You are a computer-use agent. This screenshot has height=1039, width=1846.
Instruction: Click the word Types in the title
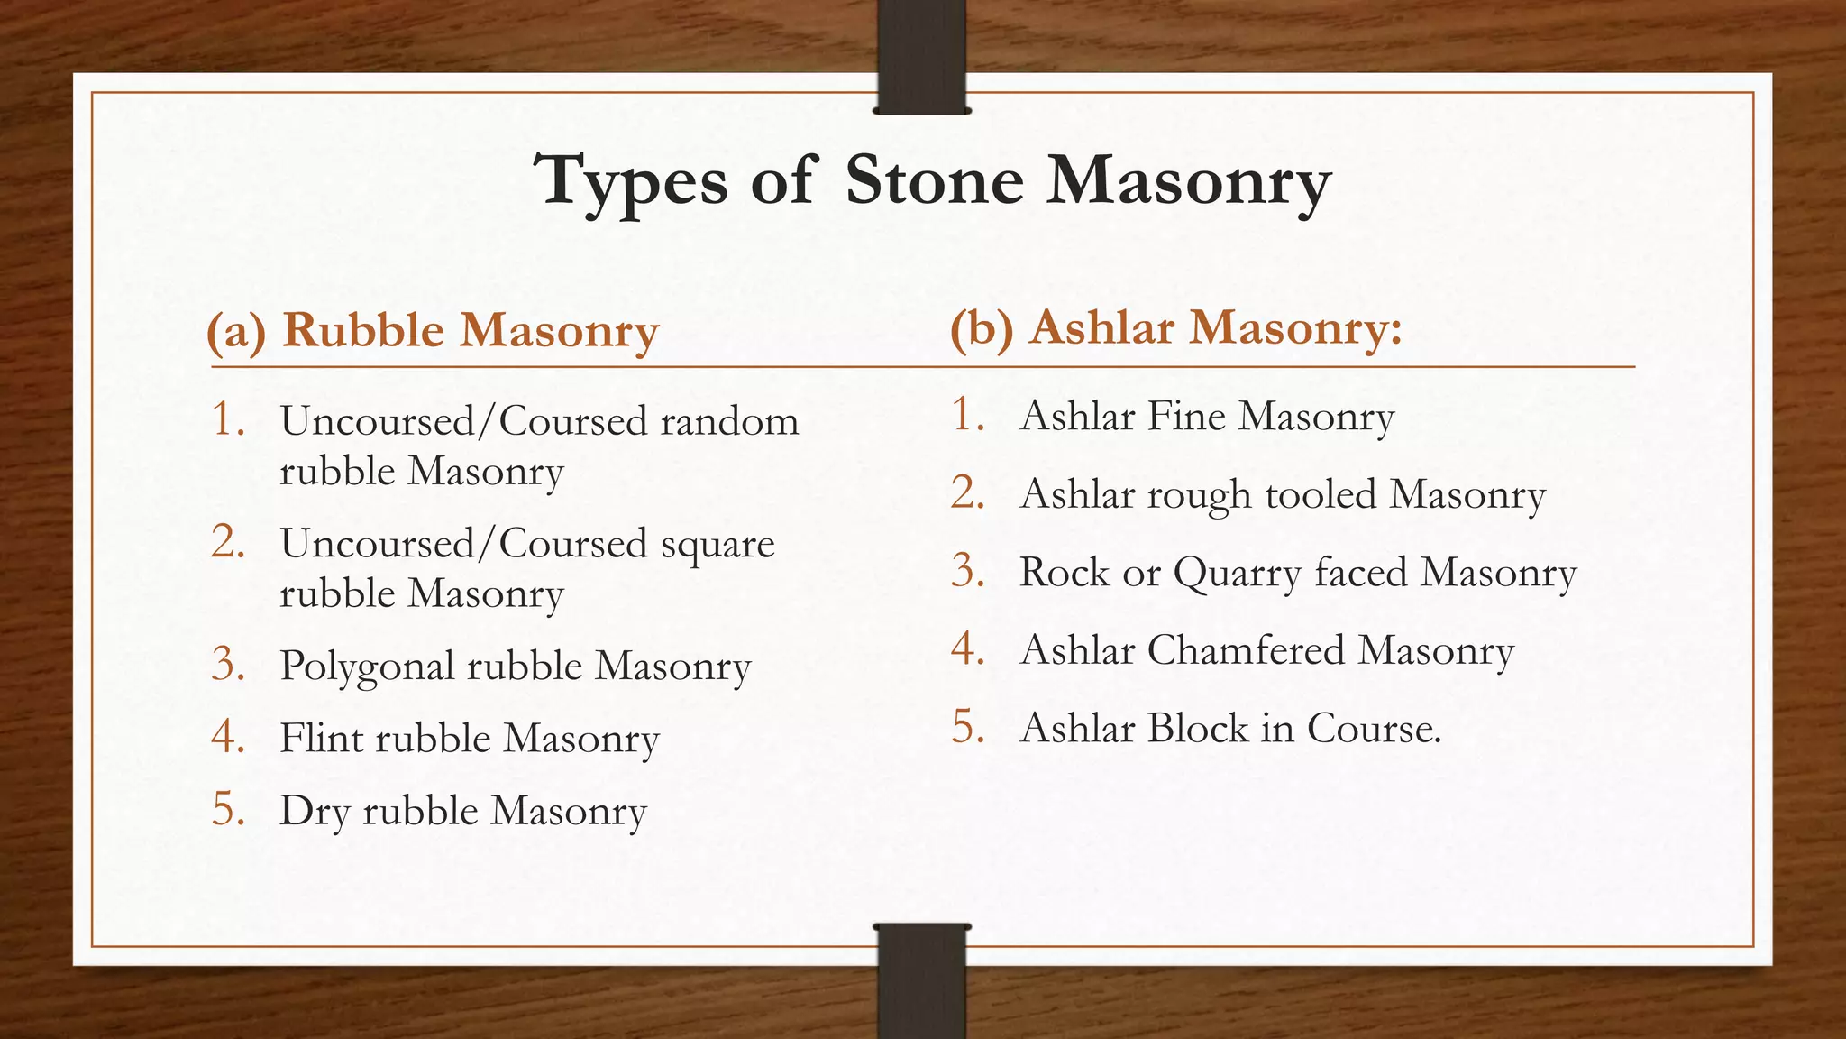point(631,180)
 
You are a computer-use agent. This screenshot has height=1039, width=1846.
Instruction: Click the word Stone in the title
point(935,180)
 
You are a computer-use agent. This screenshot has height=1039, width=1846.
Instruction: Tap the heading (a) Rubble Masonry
point(433,330)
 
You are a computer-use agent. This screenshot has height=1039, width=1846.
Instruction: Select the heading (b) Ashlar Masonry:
point(1176,327)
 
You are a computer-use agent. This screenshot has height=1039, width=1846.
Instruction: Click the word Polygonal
point(367,667)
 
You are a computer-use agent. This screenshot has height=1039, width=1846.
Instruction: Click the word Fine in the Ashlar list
point(1186,416)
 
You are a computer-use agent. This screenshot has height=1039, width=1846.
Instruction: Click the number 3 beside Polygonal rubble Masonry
point(228,666)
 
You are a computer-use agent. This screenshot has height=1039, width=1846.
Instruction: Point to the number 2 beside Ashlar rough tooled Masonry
point(967,494)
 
